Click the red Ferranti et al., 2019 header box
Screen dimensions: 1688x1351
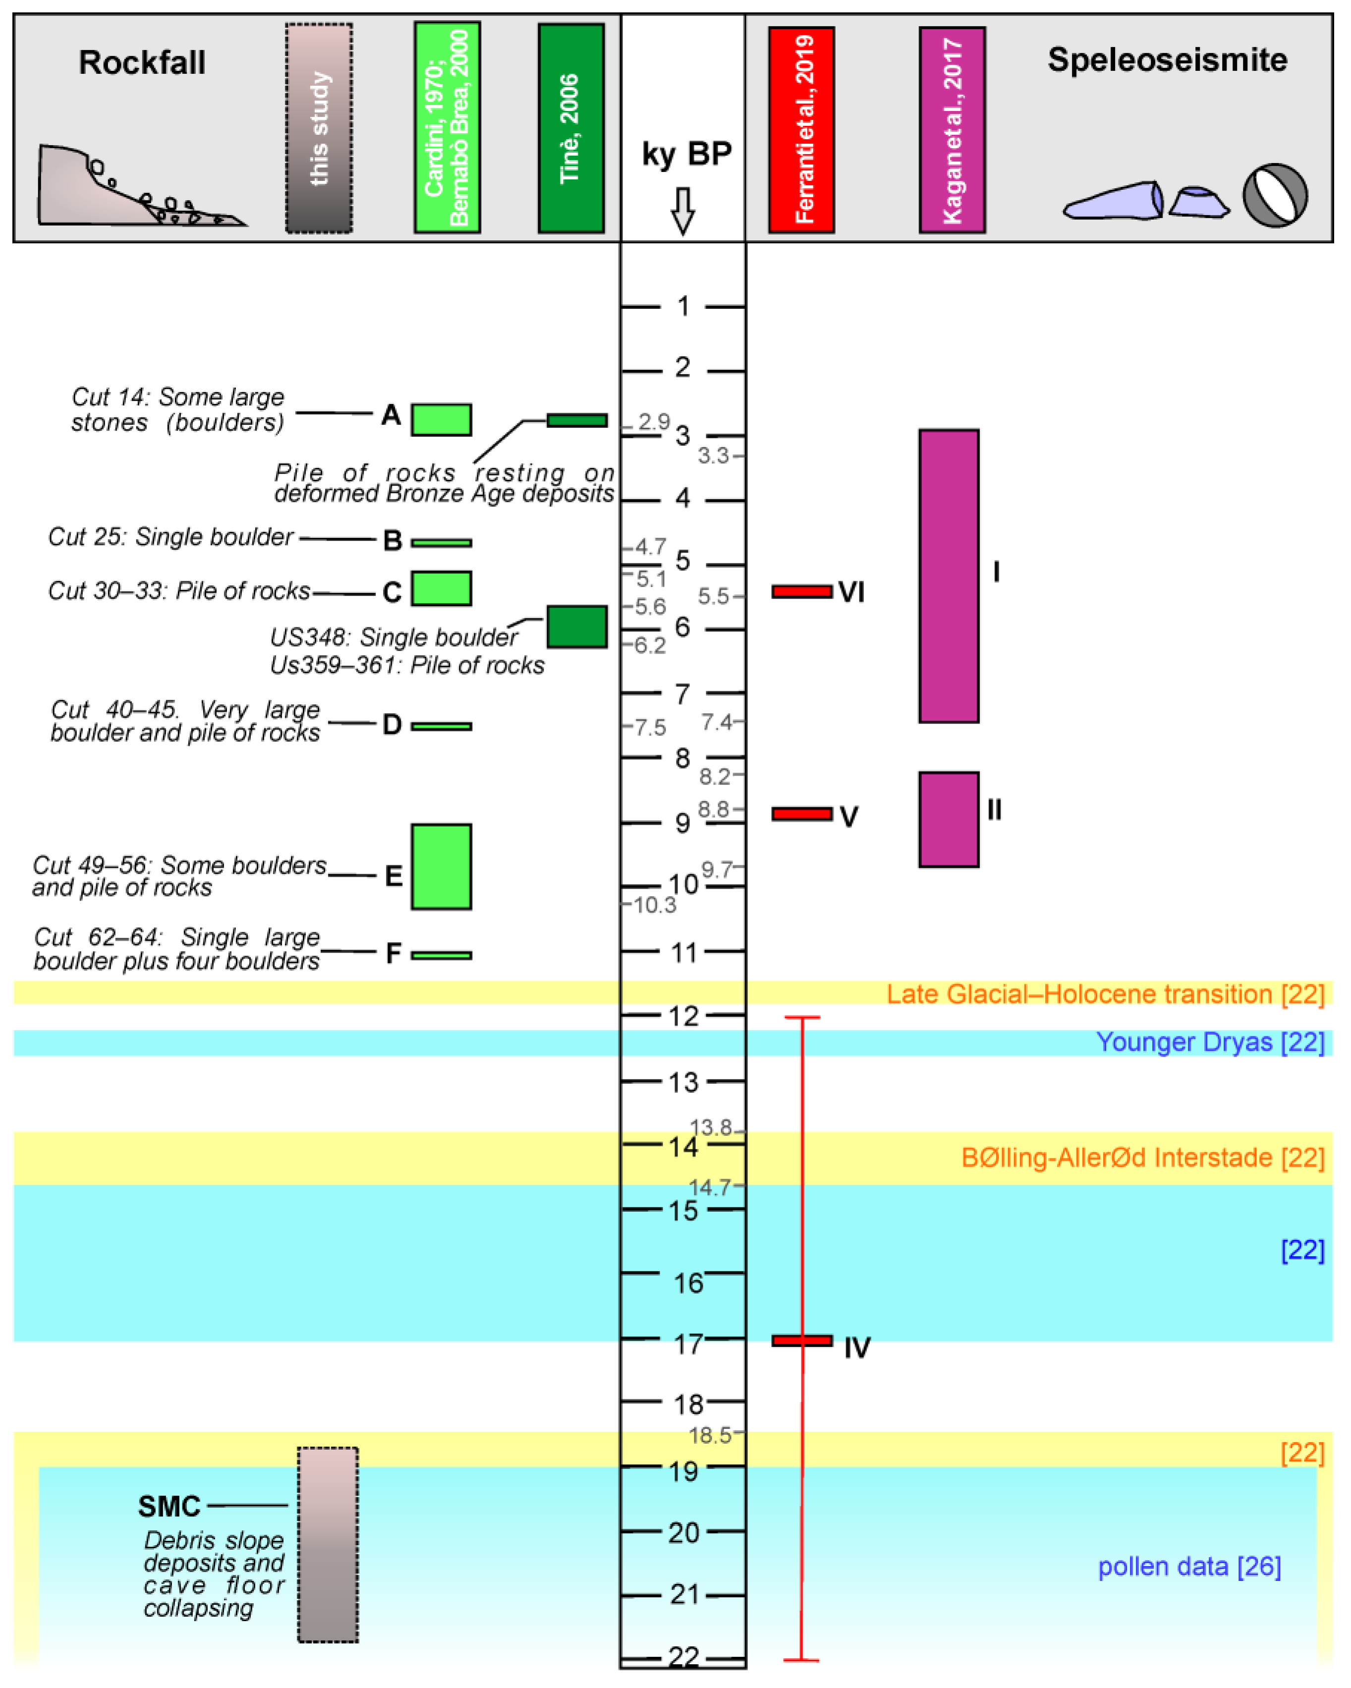click(x=801, y=130)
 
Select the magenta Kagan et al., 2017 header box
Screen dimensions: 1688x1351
click(x=952, y=130)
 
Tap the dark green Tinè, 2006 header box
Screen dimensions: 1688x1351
click(x=570, y=128)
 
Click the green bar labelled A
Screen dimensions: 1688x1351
click(x=442, y=420)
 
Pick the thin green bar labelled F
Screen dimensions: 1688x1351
click(x=442, y=955)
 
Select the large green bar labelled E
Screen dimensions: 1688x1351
click(x=442, y=867)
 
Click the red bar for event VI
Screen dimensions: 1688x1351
click(x=801, y=592)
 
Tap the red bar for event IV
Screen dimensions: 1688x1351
click(x=801, y=1341)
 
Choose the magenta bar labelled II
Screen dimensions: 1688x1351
click(x=949, y=820)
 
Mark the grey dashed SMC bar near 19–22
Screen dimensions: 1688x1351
click(x=328, y=1544)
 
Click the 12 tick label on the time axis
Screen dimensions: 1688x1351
click(x=683, y=1016)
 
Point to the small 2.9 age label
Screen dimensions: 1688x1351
click(x=654, y=422)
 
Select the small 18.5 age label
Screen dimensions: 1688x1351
click(x=709, y=1435)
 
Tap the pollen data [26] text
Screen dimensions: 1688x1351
click(x=1189, y=1567)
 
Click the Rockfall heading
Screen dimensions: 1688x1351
click(x=142, y=62)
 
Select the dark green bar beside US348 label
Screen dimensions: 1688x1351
click(x=577, y=627)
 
